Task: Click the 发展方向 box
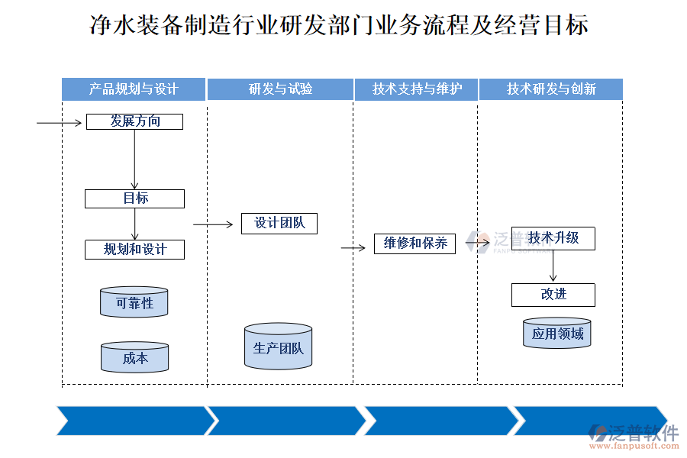(134, 121)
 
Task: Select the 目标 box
(134, 198)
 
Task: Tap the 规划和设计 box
(134, 250)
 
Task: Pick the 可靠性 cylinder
(134, 302)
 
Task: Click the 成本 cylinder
(134, 357)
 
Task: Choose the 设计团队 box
(279, 223)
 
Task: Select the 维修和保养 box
(414, 244)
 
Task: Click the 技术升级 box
(553, 238)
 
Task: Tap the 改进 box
(553, 295)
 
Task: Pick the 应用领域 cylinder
(557, 333)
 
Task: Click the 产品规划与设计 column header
(134, 89)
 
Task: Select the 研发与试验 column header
(280, 89)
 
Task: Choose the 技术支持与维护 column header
(417, 89)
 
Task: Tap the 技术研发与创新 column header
(551, 89)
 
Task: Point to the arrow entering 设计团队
(213, 224)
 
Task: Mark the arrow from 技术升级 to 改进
(553, 266)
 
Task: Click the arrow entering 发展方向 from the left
(60, 122)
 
